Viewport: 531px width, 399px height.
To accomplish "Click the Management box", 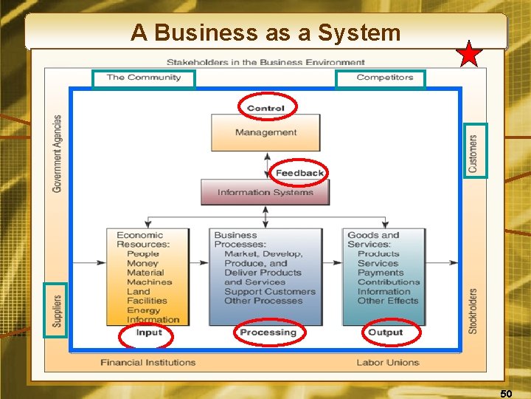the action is coord(265,133).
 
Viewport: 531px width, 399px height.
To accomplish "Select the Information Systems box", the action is coord(265,193).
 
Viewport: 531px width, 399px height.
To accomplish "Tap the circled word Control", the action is coord(266,108).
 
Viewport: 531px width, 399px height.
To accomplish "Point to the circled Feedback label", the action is coord(299,173).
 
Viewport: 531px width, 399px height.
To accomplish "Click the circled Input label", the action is coord(149,333).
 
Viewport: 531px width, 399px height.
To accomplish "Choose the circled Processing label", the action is coord(268,333).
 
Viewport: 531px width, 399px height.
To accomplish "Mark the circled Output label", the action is coord(385,333).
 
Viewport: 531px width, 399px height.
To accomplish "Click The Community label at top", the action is coord(144,78).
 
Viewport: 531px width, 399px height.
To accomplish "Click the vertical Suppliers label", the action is coord(57,310).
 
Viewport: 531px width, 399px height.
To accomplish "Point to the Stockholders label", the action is coord(473,310).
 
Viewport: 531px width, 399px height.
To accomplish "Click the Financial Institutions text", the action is coord(148,363).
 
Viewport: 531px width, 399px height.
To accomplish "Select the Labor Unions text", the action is coord(388,363).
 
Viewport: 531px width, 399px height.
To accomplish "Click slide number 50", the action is coord(506,393).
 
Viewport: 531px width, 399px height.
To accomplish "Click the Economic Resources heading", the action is coord(143,240).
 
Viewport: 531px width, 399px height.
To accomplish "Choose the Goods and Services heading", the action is coord(373,240).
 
